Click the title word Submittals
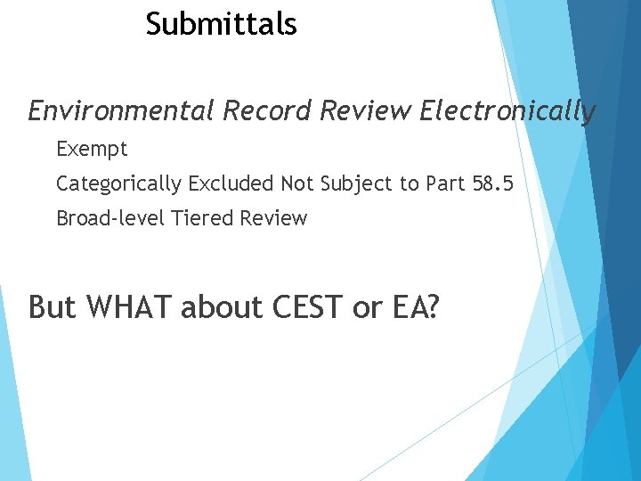[221, 24]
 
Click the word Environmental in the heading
[121, 111]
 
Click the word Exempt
[92, 149]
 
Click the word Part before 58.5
[434, 183]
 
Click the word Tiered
[201, 218]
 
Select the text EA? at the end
[414, 307]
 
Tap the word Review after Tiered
[273, 218]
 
